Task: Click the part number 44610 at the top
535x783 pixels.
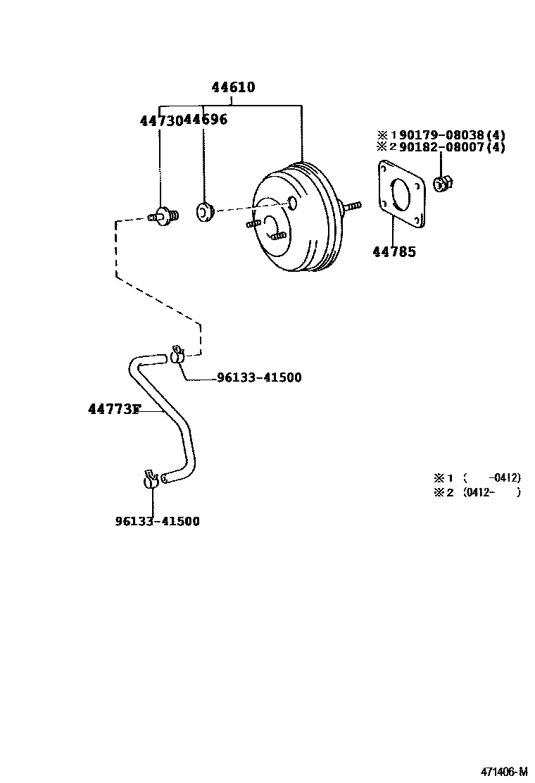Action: tap(233, 88)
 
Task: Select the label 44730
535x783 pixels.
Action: tap(160, 120)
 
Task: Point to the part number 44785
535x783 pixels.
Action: tap(394, 251)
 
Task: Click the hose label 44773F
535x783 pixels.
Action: tap(114, 409)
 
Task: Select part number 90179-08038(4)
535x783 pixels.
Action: tap(452, 135)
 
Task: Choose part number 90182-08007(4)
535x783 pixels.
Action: tap(452, 147)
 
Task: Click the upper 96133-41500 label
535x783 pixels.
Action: tap(258, 378)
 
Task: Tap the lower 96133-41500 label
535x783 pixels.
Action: tap(157, 521)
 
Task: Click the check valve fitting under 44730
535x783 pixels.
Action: tap(164, 215)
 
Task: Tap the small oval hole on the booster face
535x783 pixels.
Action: tap(293, 203)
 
